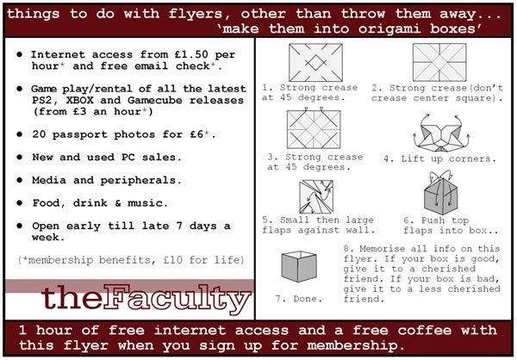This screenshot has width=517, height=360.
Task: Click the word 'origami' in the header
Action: [389, 29]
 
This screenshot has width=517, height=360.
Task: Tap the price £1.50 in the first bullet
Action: [191, 54]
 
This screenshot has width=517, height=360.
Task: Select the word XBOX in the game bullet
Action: [79, 100]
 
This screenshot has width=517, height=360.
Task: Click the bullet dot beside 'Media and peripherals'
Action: [20, 180]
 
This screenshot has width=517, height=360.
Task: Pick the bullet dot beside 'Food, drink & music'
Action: [20, 202]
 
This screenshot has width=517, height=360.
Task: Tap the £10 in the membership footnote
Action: [173, 260]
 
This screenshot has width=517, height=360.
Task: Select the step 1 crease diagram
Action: [315, 63]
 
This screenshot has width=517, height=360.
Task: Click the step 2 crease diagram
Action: [439, 62]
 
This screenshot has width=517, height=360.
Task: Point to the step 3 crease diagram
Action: [314, 128]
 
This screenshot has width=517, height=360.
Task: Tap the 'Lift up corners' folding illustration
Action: [441, 133]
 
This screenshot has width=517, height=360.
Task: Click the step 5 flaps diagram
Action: [316, 197]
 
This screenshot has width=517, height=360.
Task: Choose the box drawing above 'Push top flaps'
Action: [441, 193]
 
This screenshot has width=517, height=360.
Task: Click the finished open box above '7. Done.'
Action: [299, 266]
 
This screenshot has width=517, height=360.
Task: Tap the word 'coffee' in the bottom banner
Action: [420, 330]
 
